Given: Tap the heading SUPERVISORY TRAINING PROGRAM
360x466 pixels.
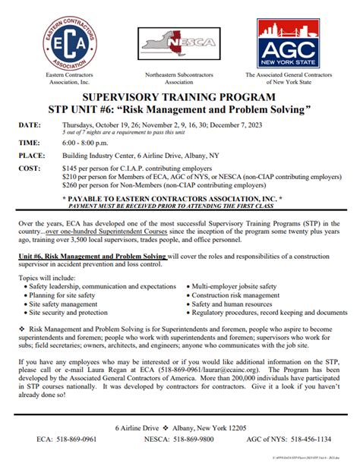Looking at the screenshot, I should point(180,99).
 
